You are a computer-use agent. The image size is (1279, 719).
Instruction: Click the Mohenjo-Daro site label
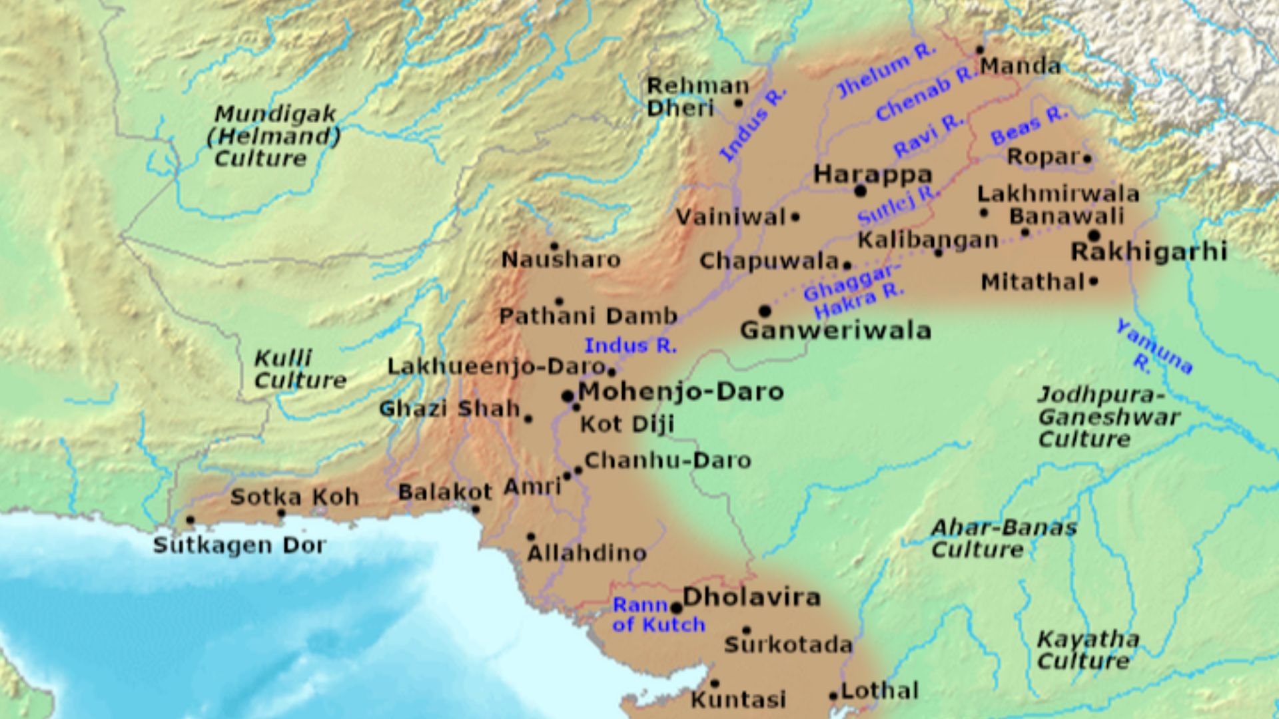click(680, 391)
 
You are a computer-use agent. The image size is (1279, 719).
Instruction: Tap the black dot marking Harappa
click(860, 191)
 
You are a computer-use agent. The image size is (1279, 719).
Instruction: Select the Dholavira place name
click(751, 597)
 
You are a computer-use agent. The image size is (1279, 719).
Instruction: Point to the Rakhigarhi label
click(1148, 252)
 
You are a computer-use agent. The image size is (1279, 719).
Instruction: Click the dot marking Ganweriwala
click(765, 311)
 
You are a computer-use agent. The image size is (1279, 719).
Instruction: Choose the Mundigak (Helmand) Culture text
click(273, 136)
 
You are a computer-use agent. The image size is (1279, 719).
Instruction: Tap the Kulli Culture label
click(300, 369)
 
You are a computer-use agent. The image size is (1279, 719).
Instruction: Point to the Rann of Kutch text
click(658, 615)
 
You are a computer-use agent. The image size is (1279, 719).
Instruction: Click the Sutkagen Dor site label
click(240, 546)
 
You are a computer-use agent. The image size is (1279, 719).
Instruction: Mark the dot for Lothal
click(833, 696)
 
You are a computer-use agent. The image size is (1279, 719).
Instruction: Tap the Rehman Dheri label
click(696, 97)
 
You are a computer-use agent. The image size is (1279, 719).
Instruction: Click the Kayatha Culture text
click(1087, 650)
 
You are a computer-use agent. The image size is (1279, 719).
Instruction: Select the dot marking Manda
click(980, 50)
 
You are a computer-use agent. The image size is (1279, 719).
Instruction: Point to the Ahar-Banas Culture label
click(1003, 539)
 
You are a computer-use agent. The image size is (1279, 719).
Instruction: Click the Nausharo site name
click(561, 260)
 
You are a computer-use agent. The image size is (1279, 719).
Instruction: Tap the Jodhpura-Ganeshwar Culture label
click(1107, 417)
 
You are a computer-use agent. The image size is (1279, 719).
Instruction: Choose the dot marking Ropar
click(1087, 158)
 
